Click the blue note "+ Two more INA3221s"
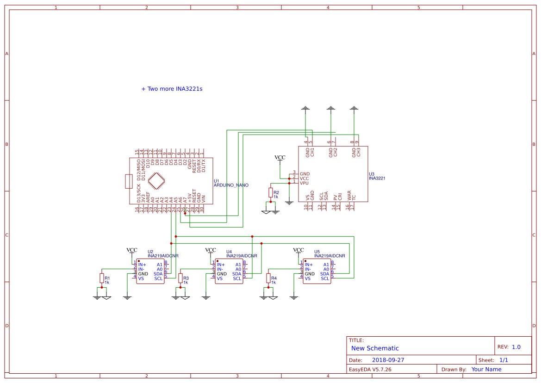point(172,89)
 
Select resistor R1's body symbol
point(102,278)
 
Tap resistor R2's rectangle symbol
point(271,193)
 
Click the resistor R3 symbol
point(180,278)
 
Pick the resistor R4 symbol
point(268,278)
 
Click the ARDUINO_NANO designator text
point(231,185)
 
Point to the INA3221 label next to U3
point(377,178)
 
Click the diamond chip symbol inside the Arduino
point(156,181)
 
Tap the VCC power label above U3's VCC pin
point(280,158)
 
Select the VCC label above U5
point(298,250)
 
